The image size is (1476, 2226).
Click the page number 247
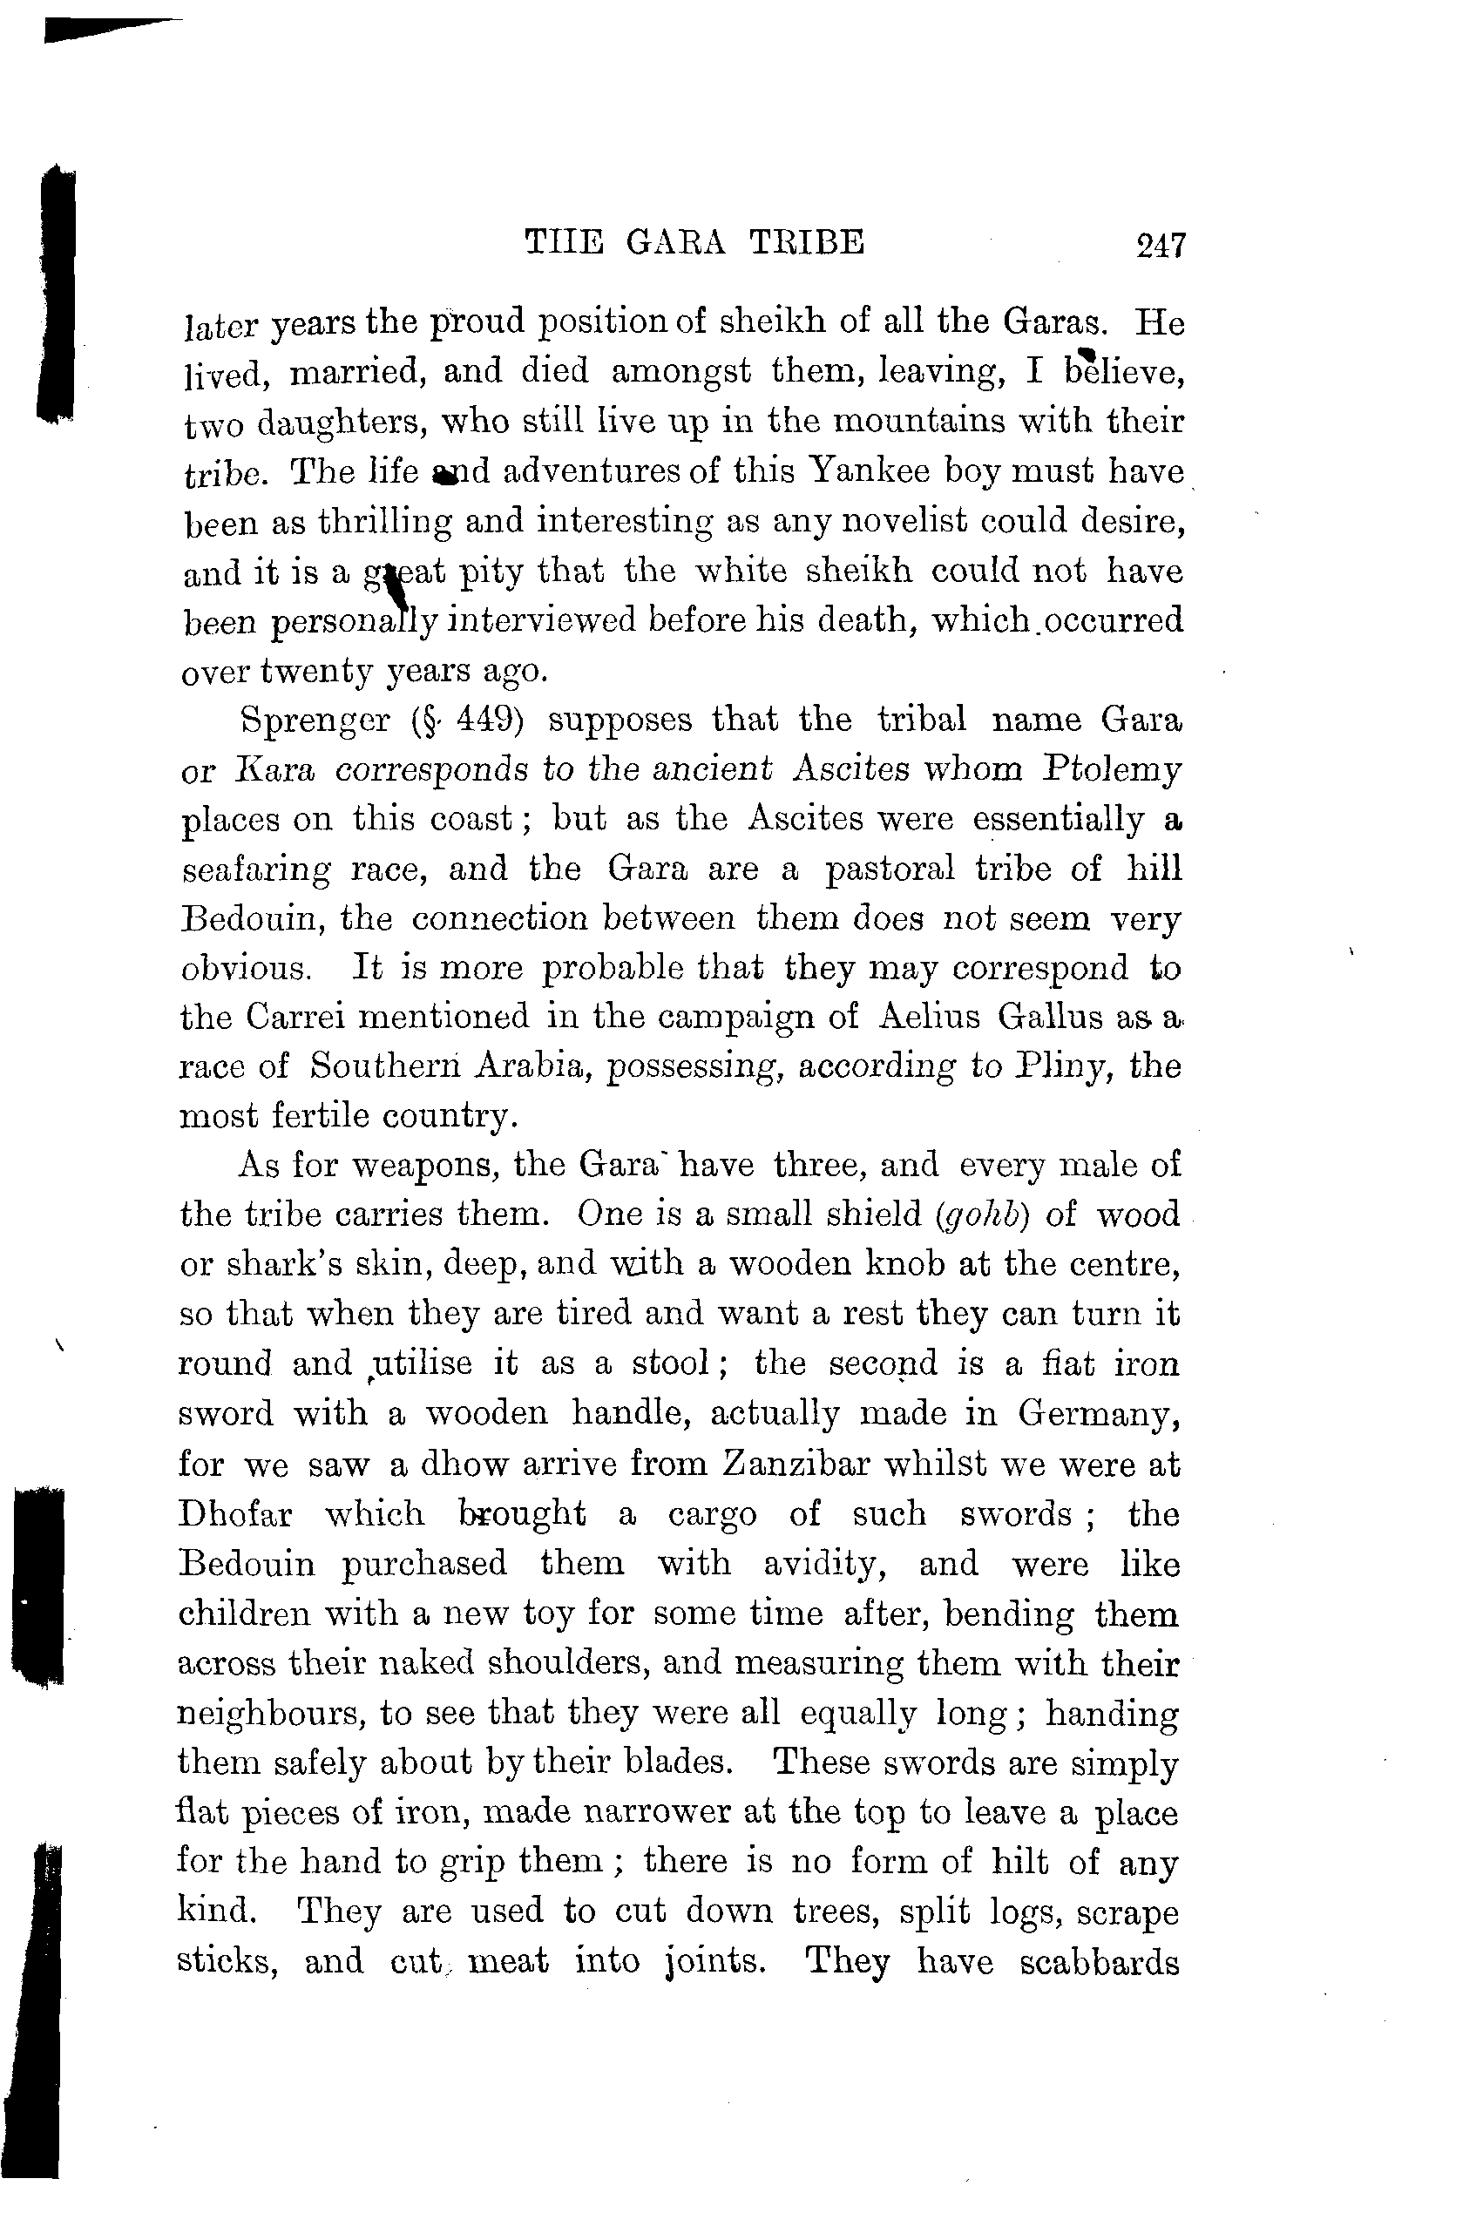point(1160,245)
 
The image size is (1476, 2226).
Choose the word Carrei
point(295,1018)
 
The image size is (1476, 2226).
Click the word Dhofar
point(235,1514)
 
